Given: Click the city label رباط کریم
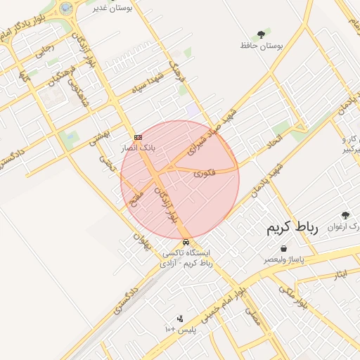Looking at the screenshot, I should pyautogui.click(x=292, y=229).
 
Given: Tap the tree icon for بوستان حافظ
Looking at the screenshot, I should pyautogui.click(x=262, y=34).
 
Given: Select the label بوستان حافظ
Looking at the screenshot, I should pyautogui.click(x=261, y=46).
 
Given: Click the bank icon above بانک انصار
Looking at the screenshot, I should pyautogui.click(x=138, y=137).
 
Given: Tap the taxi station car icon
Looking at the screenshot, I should pyautogui.click(x=186, y=243).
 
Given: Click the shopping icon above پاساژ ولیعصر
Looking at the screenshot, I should pyautogui.click(x=283, y=249).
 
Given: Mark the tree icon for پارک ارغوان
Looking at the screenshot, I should pyautogui.click(x=345, y=215).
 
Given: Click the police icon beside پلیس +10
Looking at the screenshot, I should pyautogui.click(x=180, y=319).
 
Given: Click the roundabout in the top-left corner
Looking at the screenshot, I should pyautogui.click(x=65, y=8).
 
